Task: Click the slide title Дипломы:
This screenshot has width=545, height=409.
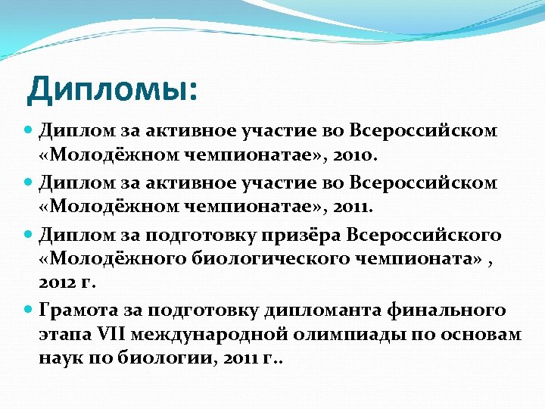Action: (112, 89)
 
